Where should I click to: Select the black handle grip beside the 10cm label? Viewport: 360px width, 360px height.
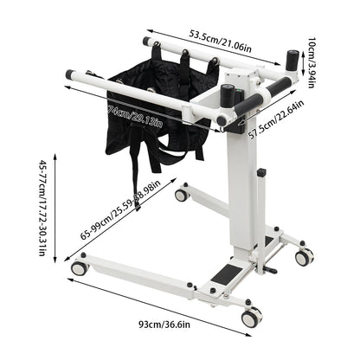click(291, 63)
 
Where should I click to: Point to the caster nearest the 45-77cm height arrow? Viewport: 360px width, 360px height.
click(79, 267)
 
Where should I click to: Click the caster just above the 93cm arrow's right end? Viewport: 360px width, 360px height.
click(250, 318)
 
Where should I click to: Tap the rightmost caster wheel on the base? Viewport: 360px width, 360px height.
click(304, 257)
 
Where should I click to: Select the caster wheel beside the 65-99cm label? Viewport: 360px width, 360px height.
click(182, 195)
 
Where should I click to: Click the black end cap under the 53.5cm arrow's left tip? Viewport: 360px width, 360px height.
click(145, 42)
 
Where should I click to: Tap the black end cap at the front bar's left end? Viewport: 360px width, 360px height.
click(69, 76)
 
